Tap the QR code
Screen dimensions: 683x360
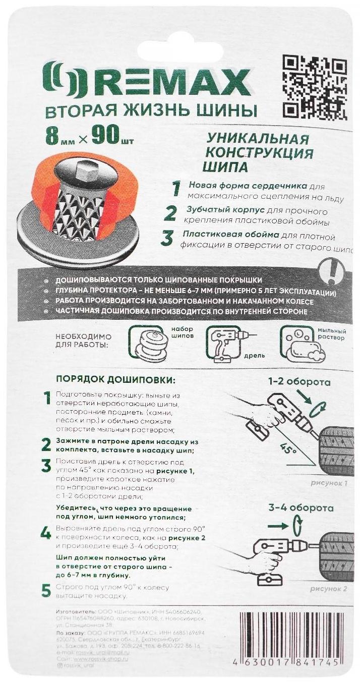pyautogui.click(x=315, y=86)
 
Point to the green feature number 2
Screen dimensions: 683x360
pyautogui.click(x=170, y=214)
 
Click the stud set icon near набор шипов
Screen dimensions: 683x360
pyautogui.click(x=148, y=343)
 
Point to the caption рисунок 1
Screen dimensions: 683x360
pyautogui.click(x=330, y=483)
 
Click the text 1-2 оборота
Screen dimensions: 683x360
pyautogui.click(x=299, y=382)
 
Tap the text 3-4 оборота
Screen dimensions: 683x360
pyautogui.click(x=302, y=507)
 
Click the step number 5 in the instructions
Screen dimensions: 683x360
pyautogui.click(x=46, y=591)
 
